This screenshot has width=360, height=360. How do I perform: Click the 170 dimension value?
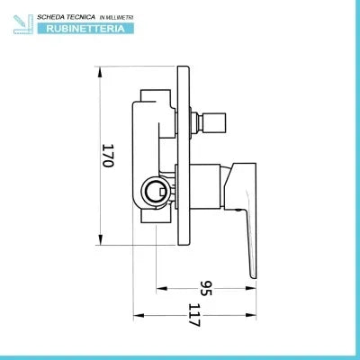tap(107, 156)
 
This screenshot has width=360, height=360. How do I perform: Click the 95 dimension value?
tap(206, 288)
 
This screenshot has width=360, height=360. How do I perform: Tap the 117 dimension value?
tap(194, 315)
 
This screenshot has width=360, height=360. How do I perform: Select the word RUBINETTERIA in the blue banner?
tap(85, 29)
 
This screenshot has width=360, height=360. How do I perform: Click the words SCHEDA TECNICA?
tap(66, 17)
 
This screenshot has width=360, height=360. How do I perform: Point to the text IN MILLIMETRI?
tap(116, 18)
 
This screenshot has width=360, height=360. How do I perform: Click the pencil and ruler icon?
tap(23, 24)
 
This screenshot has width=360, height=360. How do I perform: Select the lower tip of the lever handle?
tap(254, 277)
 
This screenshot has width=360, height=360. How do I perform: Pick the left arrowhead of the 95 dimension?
tap(162, 288)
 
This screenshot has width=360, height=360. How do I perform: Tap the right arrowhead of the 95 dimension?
tap(251, 288)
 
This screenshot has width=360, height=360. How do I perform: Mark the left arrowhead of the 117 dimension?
tap(139, 315)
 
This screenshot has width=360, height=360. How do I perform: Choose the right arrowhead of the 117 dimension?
tap(251, 315)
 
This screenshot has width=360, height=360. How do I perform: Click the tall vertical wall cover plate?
tap(184, 156)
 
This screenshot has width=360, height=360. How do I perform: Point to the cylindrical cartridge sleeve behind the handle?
tap(205, 186)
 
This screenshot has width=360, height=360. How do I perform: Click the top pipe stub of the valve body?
tap(156, 95)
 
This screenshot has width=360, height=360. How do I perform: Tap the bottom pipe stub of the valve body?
tap(156, 216)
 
